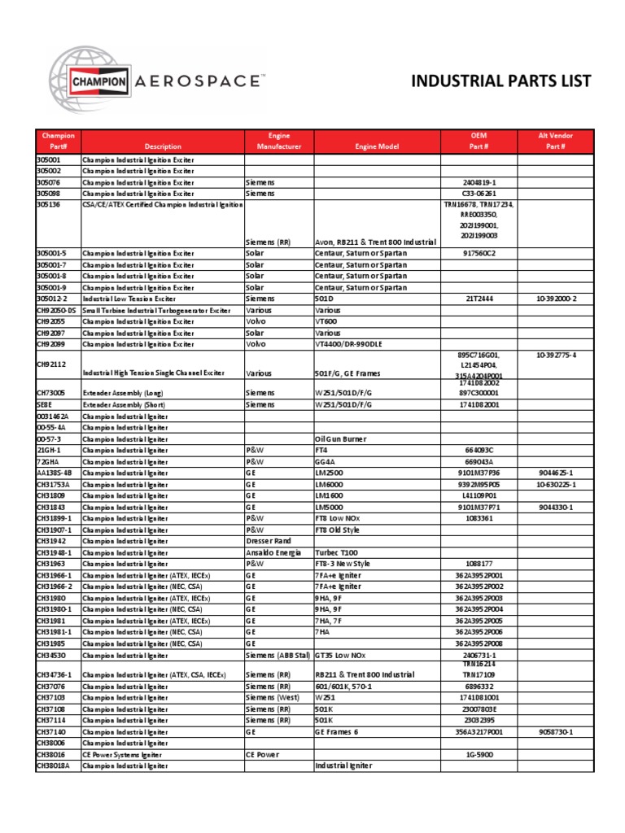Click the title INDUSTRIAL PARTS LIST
pos(501,81)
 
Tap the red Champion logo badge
pos(100,81)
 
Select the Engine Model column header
pos(377,146)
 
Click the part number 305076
pos(50,183)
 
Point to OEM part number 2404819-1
pos(479,183)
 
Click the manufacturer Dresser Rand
pos(269,541)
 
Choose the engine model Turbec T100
pos(342,552)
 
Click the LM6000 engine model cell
pos(330,484)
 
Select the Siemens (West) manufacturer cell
pos(273,697)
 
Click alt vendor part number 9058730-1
pos(556,731)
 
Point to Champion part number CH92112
pos(51,364)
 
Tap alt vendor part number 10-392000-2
pos(556,299)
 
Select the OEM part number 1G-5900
pos(479,754)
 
